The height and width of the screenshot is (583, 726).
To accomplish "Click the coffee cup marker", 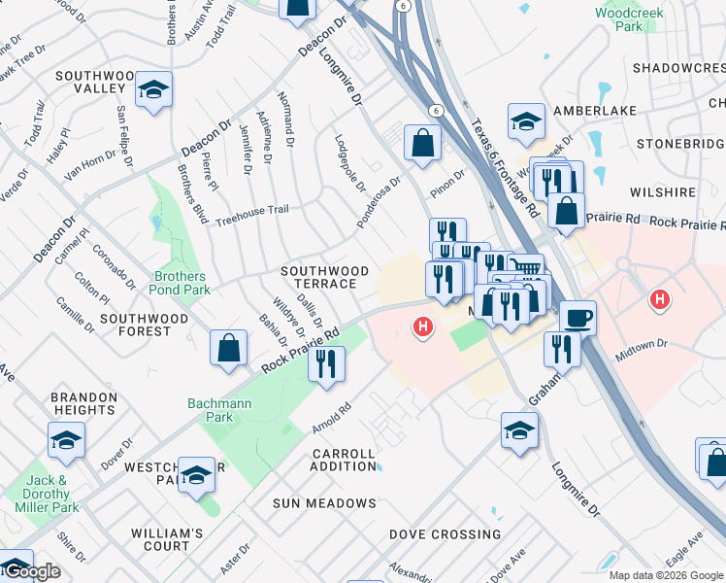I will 577,317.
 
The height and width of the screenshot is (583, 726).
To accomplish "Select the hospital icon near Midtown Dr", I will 660,299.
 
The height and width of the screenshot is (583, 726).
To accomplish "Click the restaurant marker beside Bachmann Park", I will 326,363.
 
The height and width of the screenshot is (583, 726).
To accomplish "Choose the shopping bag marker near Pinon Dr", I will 423,143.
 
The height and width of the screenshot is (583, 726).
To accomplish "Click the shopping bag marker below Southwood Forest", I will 227,348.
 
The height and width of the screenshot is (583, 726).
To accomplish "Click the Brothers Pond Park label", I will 181,283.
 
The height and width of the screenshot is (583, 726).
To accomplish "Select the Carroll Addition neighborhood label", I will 344,460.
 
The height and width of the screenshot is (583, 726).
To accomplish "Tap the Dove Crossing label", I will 445,534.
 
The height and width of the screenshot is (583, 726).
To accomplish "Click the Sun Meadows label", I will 324,503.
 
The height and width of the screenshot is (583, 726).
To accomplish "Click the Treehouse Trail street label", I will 251,210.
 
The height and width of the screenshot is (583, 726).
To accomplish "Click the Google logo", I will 31,571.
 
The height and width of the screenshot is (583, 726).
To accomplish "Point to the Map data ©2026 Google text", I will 665,575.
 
